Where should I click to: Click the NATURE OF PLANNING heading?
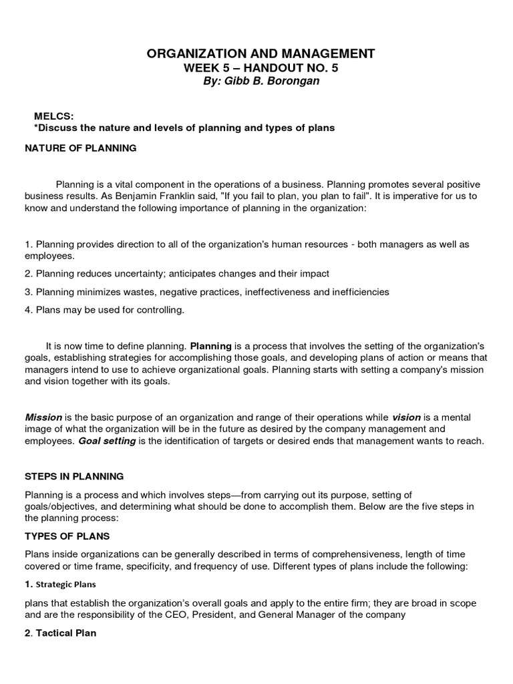tap(80, 148)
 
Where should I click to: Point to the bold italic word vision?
tap(406, 417)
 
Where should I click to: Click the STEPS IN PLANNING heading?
tap(74, 477)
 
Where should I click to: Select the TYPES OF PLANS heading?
tap(67, 536)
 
